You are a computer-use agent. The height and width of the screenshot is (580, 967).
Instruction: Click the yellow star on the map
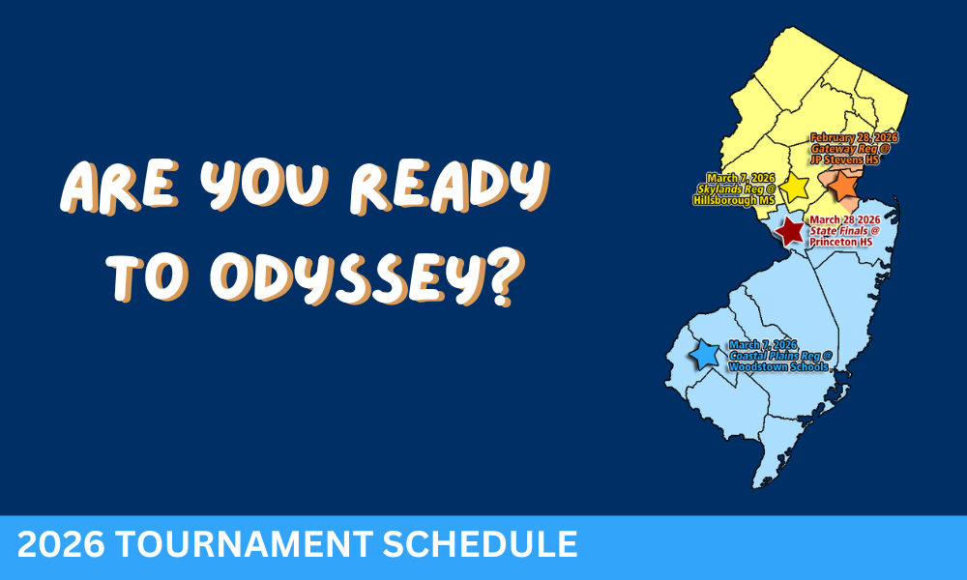pyautogui.click(x=795, y=188)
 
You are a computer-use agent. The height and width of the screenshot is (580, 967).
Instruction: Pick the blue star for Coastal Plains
pyautogui.click(x=705, y=355)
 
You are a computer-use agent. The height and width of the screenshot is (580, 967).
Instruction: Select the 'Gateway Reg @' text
pyautogui.click(x=851, y=150)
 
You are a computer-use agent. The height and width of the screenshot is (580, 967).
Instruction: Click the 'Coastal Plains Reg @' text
pyautogui.click(x=780, y=356)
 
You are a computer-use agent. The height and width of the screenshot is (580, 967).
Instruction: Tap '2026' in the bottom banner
pyautogui.click(x=57, y=546)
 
